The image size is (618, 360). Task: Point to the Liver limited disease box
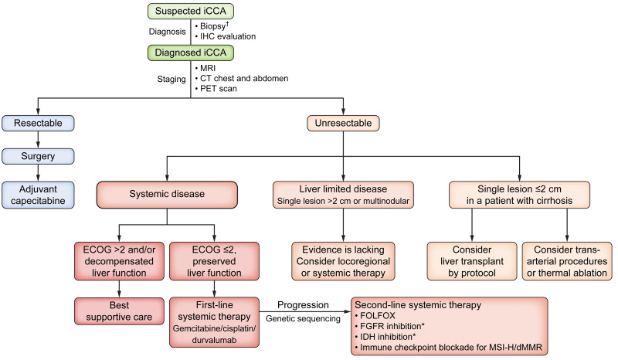(x=344, y=195)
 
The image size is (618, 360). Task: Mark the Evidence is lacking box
(x=344, y=257)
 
